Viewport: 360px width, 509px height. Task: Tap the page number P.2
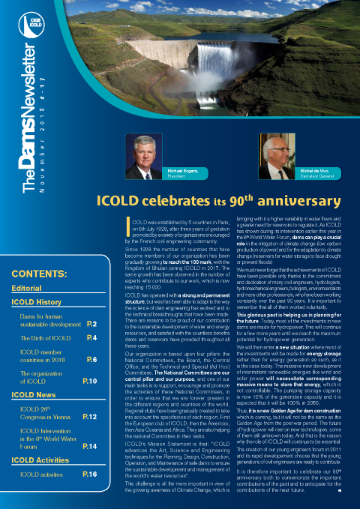91,324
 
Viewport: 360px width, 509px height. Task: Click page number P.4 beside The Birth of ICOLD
91,339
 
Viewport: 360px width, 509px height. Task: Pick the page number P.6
91,360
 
